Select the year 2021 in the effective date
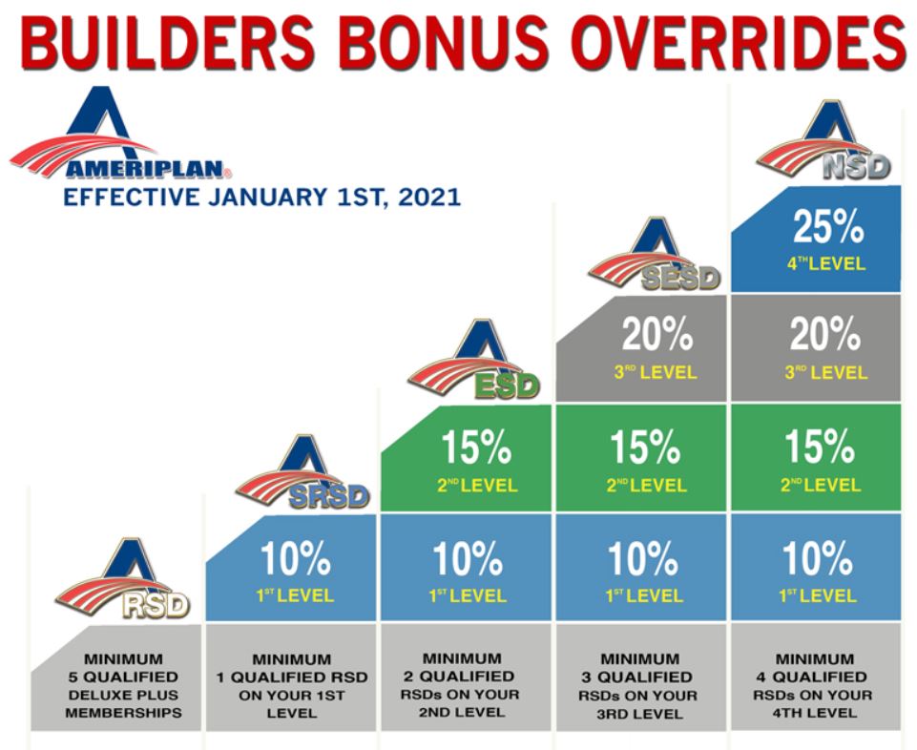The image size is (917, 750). coord(429,198)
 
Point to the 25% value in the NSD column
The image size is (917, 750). coord(828,226)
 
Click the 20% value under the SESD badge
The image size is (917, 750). coord(657,335)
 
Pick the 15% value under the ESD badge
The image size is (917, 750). coord(476,448)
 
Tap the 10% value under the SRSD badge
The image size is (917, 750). coord(296,558)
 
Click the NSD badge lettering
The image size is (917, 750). coord(857,167)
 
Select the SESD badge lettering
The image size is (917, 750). coord(680,279)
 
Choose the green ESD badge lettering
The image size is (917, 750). coord(507,386)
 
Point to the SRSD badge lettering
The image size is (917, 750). coord(329,497)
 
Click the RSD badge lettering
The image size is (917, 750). coord(156,606)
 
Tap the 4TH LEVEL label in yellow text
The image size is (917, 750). coord(826,263)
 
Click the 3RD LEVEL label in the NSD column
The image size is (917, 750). coord(825,372)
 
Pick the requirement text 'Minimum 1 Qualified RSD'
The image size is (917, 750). coord(292,669)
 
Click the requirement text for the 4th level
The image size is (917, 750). coord(813,686)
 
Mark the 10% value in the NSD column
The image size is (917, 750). coord(818,558)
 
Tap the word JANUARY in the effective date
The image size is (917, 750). coord(266,198)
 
